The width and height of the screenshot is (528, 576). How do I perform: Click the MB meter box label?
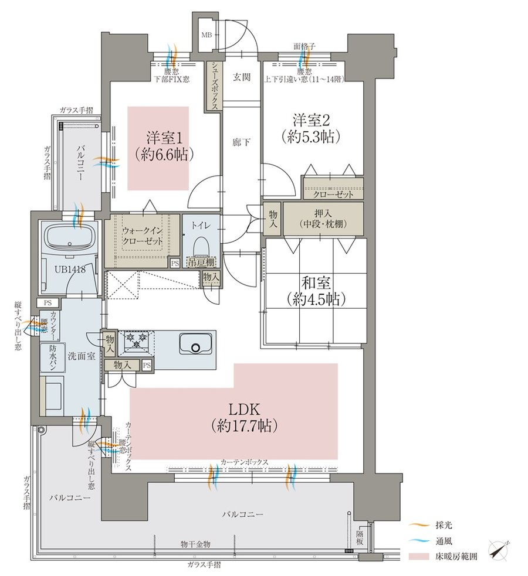pos(207,35)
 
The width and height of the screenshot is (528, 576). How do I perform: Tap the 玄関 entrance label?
pos(242,77)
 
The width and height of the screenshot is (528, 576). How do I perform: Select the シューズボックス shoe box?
pos(214,86)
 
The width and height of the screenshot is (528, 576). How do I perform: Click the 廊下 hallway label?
pos(242,142)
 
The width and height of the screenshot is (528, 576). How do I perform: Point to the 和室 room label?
pos(316,283)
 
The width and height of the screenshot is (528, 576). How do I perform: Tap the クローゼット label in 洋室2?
pos(333,194)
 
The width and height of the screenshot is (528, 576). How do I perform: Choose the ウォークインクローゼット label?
pos(143,236)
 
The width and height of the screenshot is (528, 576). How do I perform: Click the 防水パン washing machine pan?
pos(52,358)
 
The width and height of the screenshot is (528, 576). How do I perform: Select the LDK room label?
pos(245,409)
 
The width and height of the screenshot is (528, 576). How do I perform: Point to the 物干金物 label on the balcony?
pos(195,544)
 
